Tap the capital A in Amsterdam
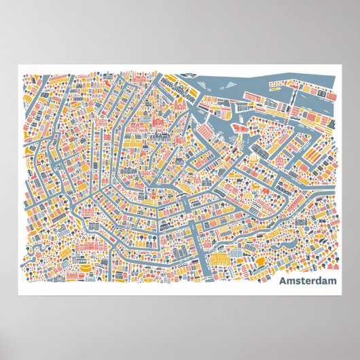click(x=282, y=280)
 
